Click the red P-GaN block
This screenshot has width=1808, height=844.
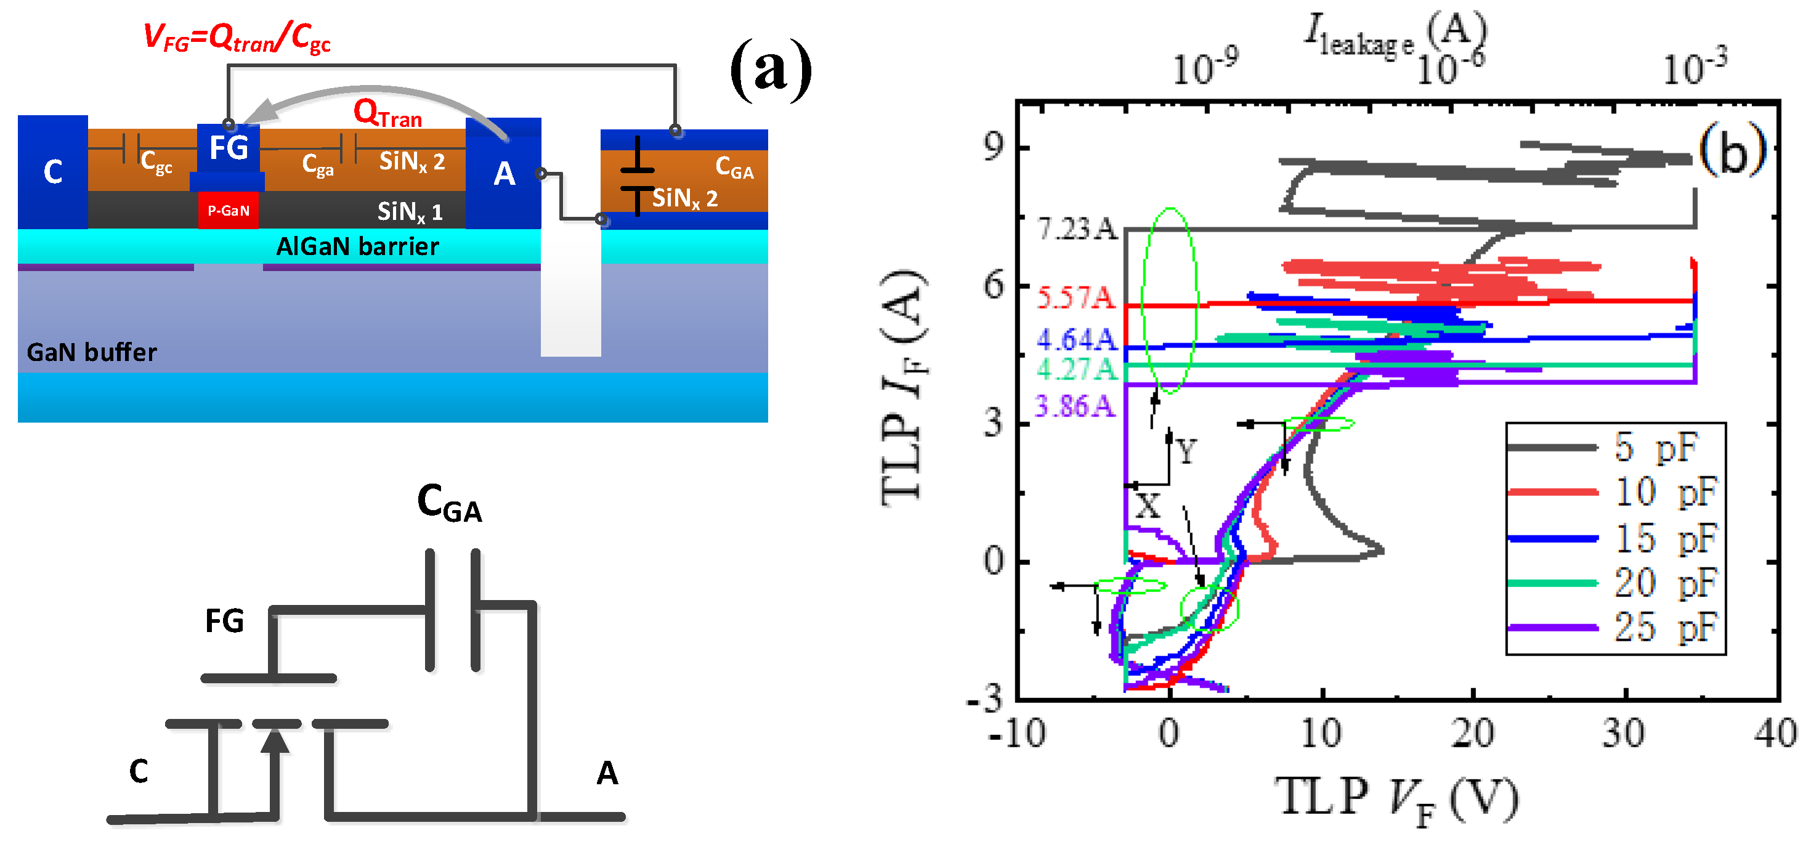tap(228, 211)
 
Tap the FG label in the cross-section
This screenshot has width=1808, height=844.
tap(229, 148)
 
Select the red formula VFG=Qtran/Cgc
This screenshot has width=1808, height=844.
tap(237, 37)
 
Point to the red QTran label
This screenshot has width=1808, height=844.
tap(387, 113)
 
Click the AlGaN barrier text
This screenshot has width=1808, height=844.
tap(357, 246)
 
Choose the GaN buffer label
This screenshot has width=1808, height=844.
tap(91, 352)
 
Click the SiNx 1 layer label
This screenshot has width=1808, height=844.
tap(410, 211)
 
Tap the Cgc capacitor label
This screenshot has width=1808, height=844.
tap(156, 162)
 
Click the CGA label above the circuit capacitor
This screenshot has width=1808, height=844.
tap(449, 503)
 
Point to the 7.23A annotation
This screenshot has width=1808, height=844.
tap(1077, 229)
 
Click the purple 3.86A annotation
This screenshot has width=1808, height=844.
tap(1074, 406)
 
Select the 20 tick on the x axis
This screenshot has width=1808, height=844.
tap(1472, 733)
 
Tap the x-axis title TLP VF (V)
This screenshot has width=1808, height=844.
tap(1397, 800)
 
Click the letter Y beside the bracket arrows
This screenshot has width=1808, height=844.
tap(1186, 452)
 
